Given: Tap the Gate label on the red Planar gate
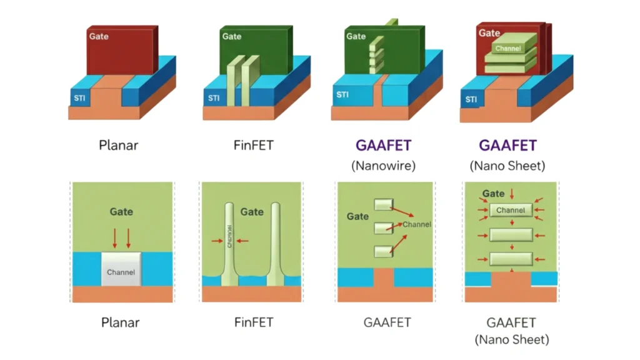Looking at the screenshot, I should coord(99,36).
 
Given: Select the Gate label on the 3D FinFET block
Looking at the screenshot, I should coord(232,36).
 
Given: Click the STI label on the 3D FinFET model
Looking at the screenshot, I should coord(214,98).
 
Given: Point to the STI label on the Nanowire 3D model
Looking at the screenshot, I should coord(342,96).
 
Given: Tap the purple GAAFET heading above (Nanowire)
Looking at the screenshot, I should coord(383,146).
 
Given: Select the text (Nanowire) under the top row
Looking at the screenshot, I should coord(383,166).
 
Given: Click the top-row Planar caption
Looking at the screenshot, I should coord(119,146).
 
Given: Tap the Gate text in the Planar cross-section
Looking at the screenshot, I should coord(121,211).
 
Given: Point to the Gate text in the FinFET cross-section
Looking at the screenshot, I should coord(252,211).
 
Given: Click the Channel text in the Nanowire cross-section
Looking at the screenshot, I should coord(416,224).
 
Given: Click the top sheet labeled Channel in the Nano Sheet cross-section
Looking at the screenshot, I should coord(511,211).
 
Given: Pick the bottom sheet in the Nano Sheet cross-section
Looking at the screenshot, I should coord(511,258).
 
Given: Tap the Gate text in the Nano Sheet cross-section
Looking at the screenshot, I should coord(494,194).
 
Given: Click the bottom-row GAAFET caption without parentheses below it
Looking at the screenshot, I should coord(387,322).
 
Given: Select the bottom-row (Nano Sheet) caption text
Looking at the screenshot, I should coord(511,340).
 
